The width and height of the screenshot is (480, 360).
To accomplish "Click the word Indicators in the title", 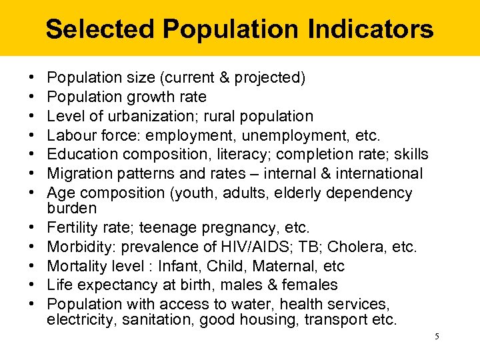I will [x=371, y=29].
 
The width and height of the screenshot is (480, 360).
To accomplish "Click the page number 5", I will [x=437, y=337].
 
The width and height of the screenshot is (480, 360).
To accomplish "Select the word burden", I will [x=71, y=208].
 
